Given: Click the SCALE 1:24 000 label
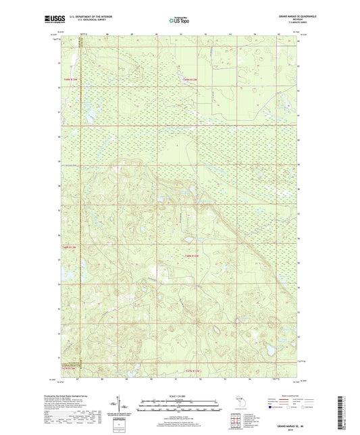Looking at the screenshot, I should (179, 395).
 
